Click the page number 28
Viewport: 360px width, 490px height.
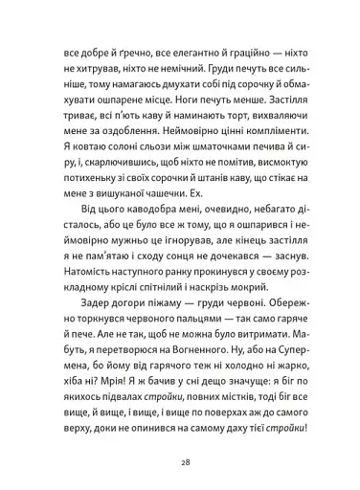(179, 459)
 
